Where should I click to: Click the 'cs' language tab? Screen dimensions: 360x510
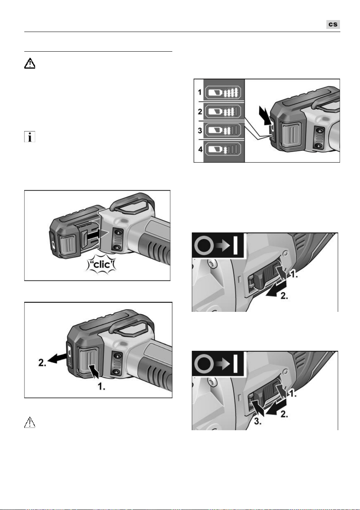[333, 24]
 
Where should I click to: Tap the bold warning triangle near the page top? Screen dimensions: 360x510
[30, 63]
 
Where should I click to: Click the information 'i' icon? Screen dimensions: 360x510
[30, 136]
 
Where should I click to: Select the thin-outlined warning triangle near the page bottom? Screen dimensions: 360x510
[30, 422]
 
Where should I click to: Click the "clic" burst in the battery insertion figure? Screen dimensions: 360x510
[101, 265]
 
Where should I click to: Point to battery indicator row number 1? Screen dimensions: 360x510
[200, 93]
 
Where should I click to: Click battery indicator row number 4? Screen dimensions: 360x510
[200, 149]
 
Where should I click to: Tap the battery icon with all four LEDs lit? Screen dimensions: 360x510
[223, 93]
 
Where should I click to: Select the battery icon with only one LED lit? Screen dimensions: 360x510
[223, 150]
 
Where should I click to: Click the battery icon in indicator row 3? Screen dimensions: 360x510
[223, 130]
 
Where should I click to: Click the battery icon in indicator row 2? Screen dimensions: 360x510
[223, 111]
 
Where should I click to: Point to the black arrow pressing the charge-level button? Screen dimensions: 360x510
[265, 115]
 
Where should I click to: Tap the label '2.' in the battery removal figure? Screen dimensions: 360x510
[42, 363]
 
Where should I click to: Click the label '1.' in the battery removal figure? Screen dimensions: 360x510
[101, 386]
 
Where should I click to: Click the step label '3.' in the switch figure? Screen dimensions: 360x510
[257, 421]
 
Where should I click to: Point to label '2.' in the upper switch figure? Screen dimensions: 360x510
[284, 296]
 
